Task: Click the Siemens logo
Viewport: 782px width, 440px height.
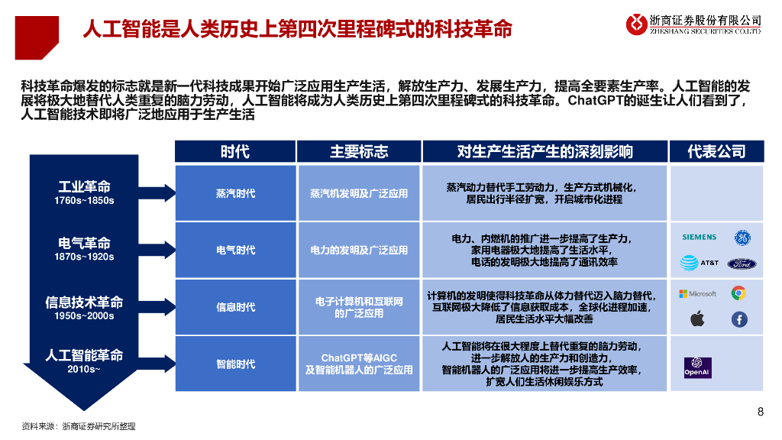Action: coord(699,238)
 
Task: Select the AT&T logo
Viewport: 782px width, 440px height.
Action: coord(699,263)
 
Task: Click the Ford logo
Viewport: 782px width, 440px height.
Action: coord(741,264)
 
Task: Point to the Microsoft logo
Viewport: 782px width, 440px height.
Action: coord(698,293)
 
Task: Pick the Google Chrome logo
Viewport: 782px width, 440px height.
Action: coord(738,293)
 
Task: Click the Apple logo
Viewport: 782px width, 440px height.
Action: coord(697,319)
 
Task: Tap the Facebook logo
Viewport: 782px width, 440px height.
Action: coord(739,319)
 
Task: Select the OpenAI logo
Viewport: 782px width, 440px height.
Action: coord(697,367)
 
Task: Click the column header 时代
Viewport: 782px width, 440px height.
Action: coord(235,151)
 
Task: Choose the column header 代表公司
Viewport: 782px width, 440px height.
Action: coord(716,151)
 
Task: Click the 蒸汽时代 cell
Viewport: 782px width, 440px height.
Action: coord(235,193)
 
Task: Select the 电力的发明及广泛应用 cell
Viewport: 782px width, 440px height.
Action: coord(359,250)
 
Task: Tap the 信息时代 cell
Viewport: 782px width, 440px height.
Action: coord(235,307)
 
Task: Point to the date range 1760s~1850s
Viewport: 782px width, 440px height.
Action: coord(84,201)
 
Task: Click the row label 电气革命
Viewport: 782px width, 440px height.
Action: coord(84,244)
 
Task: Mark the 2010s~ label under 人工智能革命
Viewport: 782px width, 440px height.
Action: coord(84,369)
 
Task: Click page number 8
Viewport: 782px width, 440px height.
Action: coord(760,412)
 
